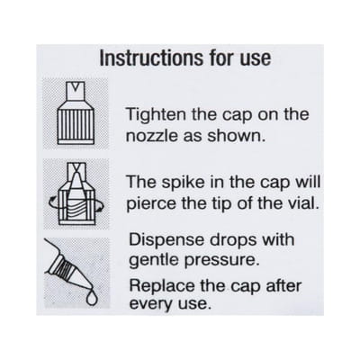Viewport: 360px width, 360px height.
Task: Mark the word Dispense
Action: [x=166, y=240]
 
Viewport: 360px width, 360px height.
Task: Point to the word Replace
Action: [x=162, y=286]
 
